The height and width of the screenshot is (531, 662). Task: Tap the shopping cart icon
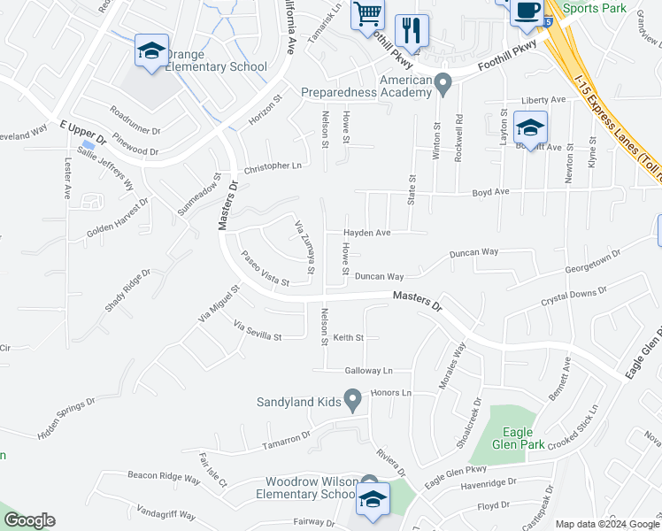point(367,14)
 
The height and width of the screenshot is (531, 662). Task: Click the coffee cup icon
point(527,11)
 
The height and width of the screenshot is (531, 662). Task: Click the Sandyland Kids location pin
point(352,402)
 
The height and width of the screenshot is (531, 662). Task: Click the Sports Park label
point(594,9)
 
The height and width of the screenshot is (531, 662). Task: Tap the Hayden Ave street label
point(367,233)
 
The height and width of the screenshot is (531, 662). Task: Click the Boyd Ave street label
point(490,191)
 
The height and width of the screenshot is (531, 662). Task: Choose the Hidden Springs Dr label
point(66,418)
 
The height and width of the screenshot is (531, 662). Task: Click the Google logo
point(29,520)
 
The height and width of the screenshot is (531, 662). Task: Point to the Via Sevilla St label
point(257,332)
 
